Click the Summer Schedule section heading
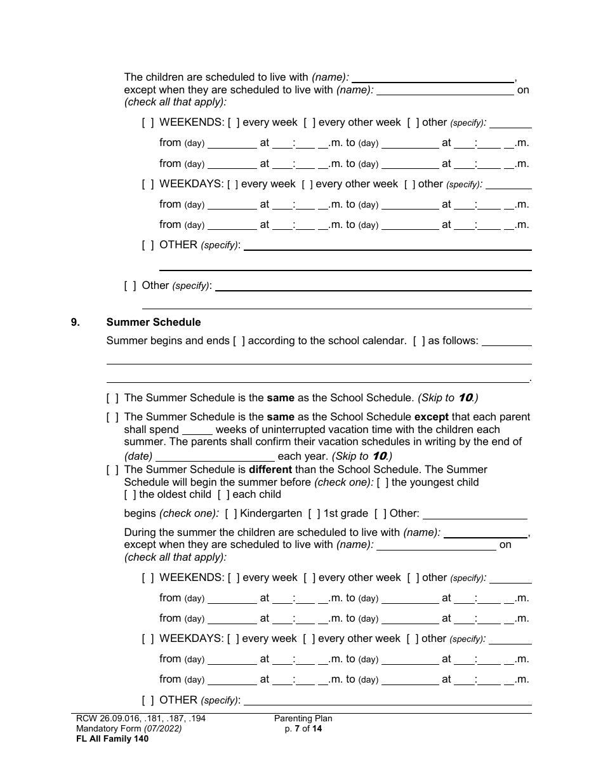pyautogui.click(x=154, y=322)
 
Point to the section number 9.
pyautogui.click(x=76, y=322)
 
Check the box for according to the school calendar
pyautogui.click(x=239, y=341)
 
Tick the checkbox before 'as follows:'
pyautogui.click(x=419, y=341)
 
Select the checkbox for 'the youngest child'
pyautogui.click(x=383, y=483)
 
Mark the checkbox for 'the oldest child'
pyautogui.click(x=130, y=495)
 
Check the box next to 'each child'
pyautogui.click(x=223, y=495)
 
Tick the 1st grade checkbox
pyautogui.click(x=314, y=514)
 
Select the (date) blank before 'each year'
pyautogui.click(x=215, y=457)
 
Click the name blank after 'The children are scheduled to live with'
pyautogui.click(x=432, y=78)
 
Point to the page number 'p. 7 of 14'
pyautogui.click(x=303, y=729)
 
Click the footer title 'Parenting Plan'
pyautogui.click(x=303, y=719)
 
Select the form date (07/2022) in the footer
pyautogui.click(x=162, y=729)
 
